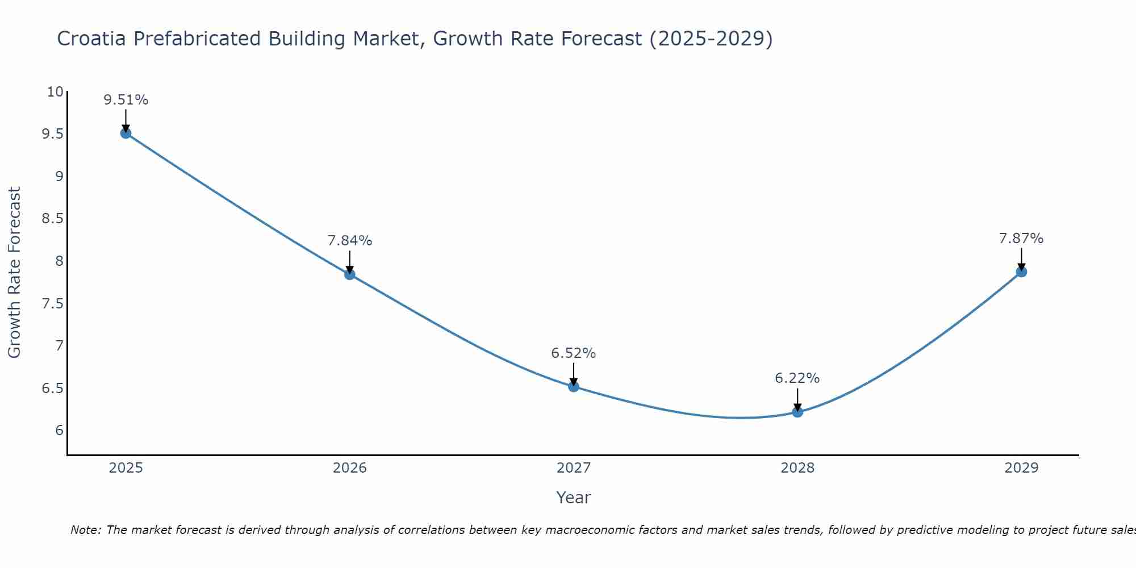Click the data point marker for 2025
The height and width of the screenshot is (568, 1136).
point(126,133)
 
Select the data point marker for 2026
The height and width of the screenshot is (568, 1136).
point(350,274)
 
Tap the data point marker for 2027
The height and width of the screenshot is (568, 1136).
point(574,387)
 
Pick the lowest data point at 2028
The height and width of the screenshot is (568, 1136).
point(797,412)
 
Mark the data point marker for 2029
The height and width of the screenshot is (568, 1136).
point(1021,272)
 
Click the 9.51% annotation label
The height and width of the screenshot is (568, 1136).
point(126,100)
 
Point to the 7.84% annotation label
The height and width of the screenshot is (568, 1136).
point(350,241)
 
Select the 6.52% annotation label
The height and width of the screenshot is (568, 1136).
point(574,353)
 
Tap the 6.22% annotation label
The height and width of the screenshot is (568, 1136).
point(797,378)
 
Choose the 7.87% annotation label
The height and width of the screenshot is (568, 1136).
point(1021,239)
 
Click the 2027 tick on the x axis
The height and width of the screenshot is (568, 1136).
point(574,468)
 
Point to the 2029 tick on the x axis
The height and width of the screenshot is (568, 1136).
point(1021,468)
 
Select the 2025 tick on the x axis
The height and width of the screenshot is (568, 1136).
point(126,468)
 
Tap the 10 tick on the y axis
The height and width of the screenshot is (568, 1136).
point(55,92)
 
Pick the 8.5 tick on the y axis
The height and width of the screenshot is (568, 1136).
point(52,219)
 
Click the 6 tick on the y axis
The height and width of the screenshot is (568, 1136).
point(59,431)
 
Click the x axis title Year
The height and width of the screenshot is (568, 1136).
point(574,498)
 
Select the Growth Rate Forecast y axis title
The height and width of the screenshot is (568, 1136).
point(15,273)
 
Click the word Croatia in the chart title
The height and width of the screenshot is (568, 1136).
point(92,39)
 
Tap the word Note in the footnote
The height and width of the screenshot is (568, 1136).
point(85,530)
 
